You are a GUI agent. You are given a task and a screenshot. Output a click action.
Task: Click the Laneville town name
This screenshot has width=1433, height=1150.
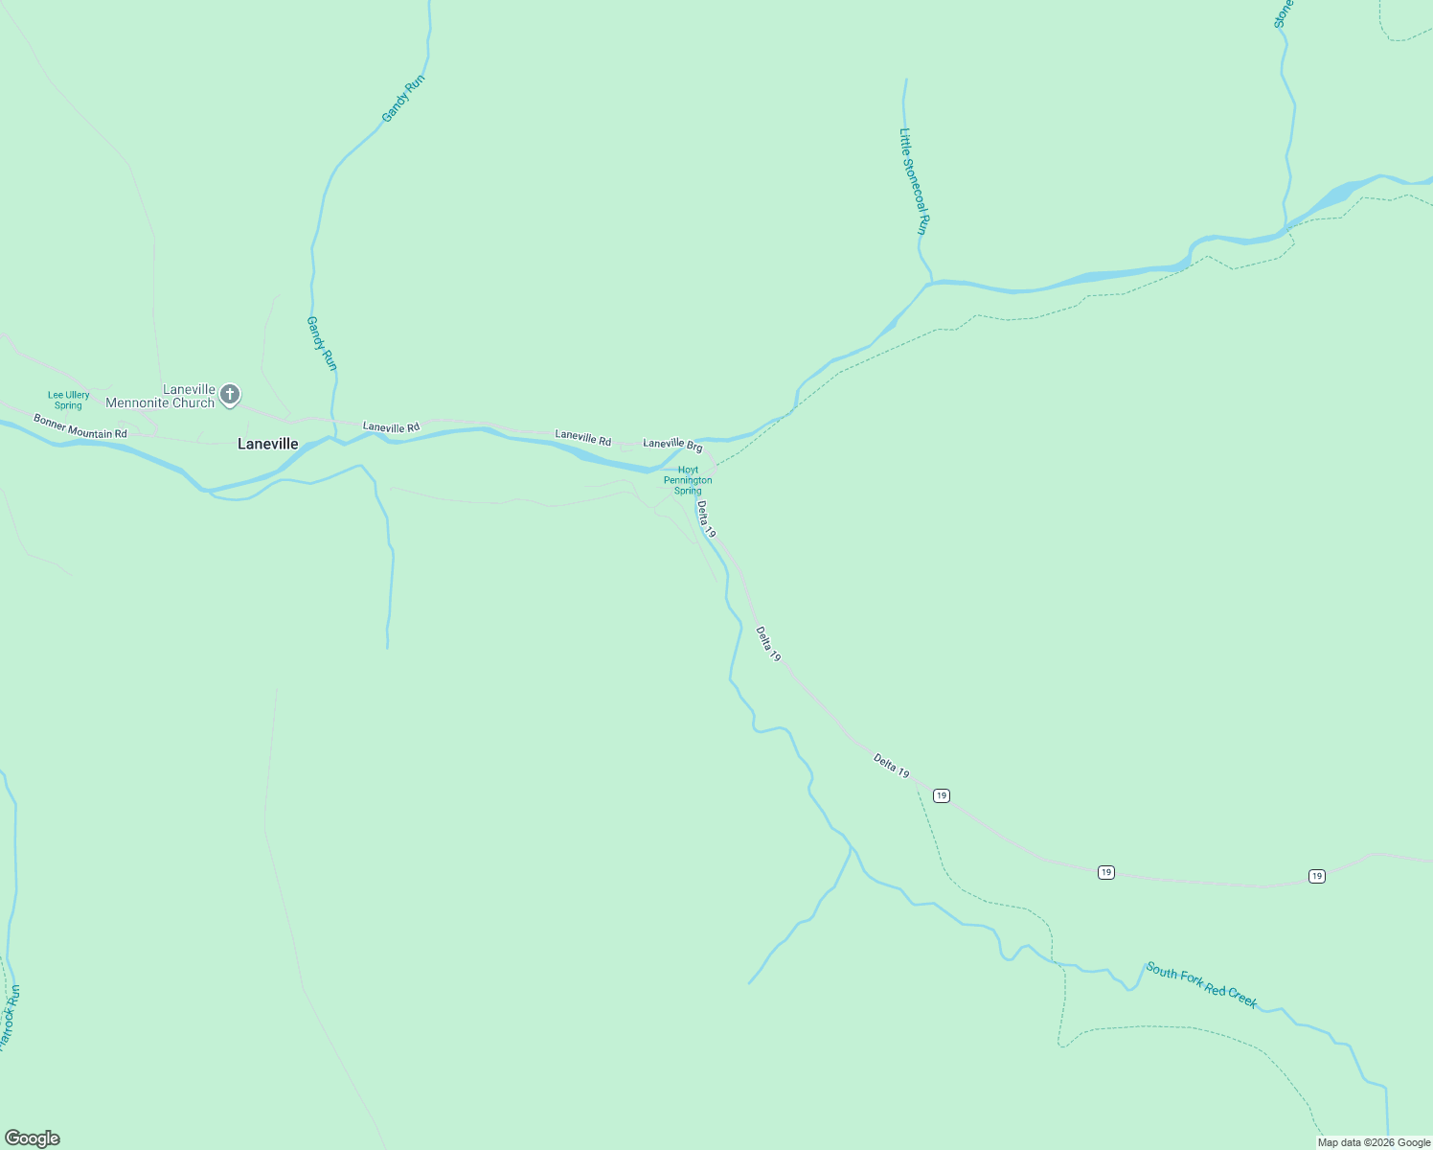267,445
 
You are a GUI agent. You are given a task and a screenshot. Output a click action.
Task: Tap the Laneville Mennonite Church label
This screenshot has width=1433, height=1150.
160,396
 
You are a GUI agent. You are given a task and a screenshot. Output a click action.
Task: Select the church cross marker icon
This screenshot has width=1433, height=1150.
230,394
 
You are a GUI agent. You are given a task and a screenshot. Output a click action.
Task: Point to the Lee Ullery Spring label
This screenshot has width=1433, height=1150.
69,401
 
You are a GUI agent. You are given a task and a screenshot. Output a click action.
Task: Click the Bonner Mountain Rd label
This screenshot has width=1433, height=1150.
80,427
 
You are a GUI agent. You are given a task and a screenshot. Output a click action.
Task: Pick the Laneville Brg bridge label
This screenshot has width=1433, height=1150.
672,445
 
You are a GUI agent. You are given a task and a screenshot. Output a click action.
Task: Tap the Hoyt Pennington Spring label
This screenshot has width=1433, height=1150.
688,480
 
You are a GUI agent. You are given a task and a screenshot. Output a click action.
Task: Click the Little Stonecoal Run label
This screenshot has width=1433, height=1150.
913,182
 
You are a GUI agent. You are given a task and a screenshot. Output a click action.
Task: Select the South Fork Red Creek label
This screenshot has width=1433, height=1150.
1201,985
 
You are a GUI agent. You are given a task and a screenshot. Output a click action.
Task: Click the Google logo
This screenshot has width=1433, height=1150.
33,1138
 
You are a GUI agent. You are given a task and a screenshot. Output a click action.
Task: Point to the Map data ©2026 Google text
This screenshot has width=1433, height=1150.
1374,1142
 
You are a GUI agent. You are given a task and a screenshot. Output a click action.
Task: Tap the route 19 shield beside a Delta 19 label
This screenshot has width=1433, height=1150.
942,795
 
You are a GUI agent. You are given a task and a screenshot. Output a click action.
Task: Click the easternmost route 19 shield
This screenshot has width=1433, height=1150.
1317,876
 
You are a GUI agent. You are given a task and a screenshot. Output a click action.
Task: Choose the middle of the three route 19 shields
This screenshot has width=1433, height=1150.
1106,872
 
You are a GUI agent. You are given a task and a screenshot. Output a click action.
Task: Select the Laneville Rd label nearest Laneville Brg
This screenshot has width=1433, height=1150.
582,438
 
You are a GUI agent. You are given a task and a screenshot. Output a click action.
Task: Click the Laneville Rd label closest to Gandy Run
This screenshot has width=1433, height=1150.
391,427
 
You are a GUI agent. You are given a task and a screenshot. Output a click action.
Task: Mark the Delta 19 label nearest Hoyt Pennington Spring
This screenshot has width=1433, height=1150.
706,518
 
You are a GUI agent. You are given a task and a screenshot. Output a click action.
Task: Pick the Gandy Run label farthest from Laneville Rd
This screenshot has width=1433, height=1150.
402,99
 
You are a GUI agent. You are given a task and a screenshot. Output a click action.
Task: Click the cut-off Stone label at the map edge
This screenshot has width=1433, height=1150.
1284,13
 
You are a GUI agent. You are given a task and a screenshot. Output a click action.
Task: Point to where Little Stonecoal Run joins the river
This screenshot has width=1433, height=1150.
930,283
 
